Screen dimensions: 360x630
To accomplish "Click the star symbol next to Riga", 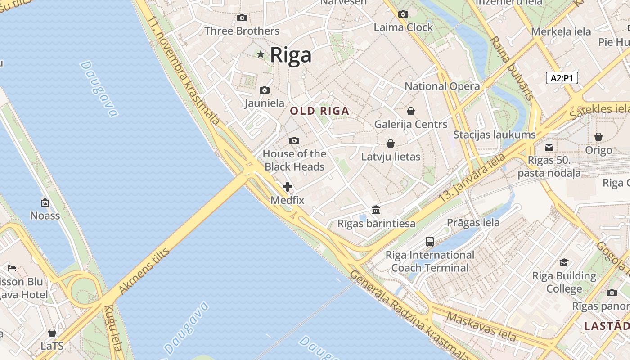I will [x=261, y=54].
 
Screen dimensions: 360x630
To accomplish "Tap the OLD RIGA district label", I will [x=319, y=111].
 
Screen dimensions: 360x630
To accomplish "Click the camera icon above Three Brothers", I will [x=242, y=18].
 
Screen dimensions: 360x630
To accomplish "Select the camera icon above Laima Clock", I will [x=403, y=14].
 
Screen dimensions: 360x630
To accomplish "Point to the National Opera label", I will [x=442, y=86].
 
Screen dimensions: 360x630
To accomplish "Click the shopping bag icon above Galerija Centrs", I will [x=410, y=111].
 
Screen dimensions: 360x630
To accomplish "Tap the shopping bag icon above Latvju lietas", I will [x=391, y=144].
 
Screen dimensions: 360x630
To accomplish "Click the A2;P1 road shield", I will [x=562, y=78].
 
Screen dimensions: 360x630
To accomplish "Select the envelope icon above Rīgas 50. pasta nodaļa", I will [x=549, y=147].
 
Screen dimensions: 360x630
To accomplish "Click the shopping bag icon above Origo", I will [x=598, y=137].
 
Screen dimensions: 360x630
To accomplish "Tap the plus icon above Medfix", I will [x=288, y=187].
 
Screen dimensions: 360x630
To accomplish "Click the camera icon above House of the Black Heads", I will [x=294, y=141].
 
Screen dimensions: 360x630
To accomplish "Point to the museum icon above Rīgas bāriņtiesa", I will [x=376, y=210].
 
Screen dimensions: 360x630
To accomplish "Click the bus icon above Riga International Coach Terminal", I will [x=430, y=242].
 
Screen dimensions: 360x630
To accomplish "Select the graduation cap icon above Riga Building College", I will [x=564, y=262].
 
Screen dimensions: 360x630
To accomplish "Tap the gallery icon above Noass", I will [x=45, y=202].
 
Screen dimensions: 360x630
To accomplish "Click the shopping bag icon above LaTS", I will [x=52, y=333].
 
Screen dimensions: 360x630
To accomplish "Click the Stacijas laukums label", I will [x=495, y=135].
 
